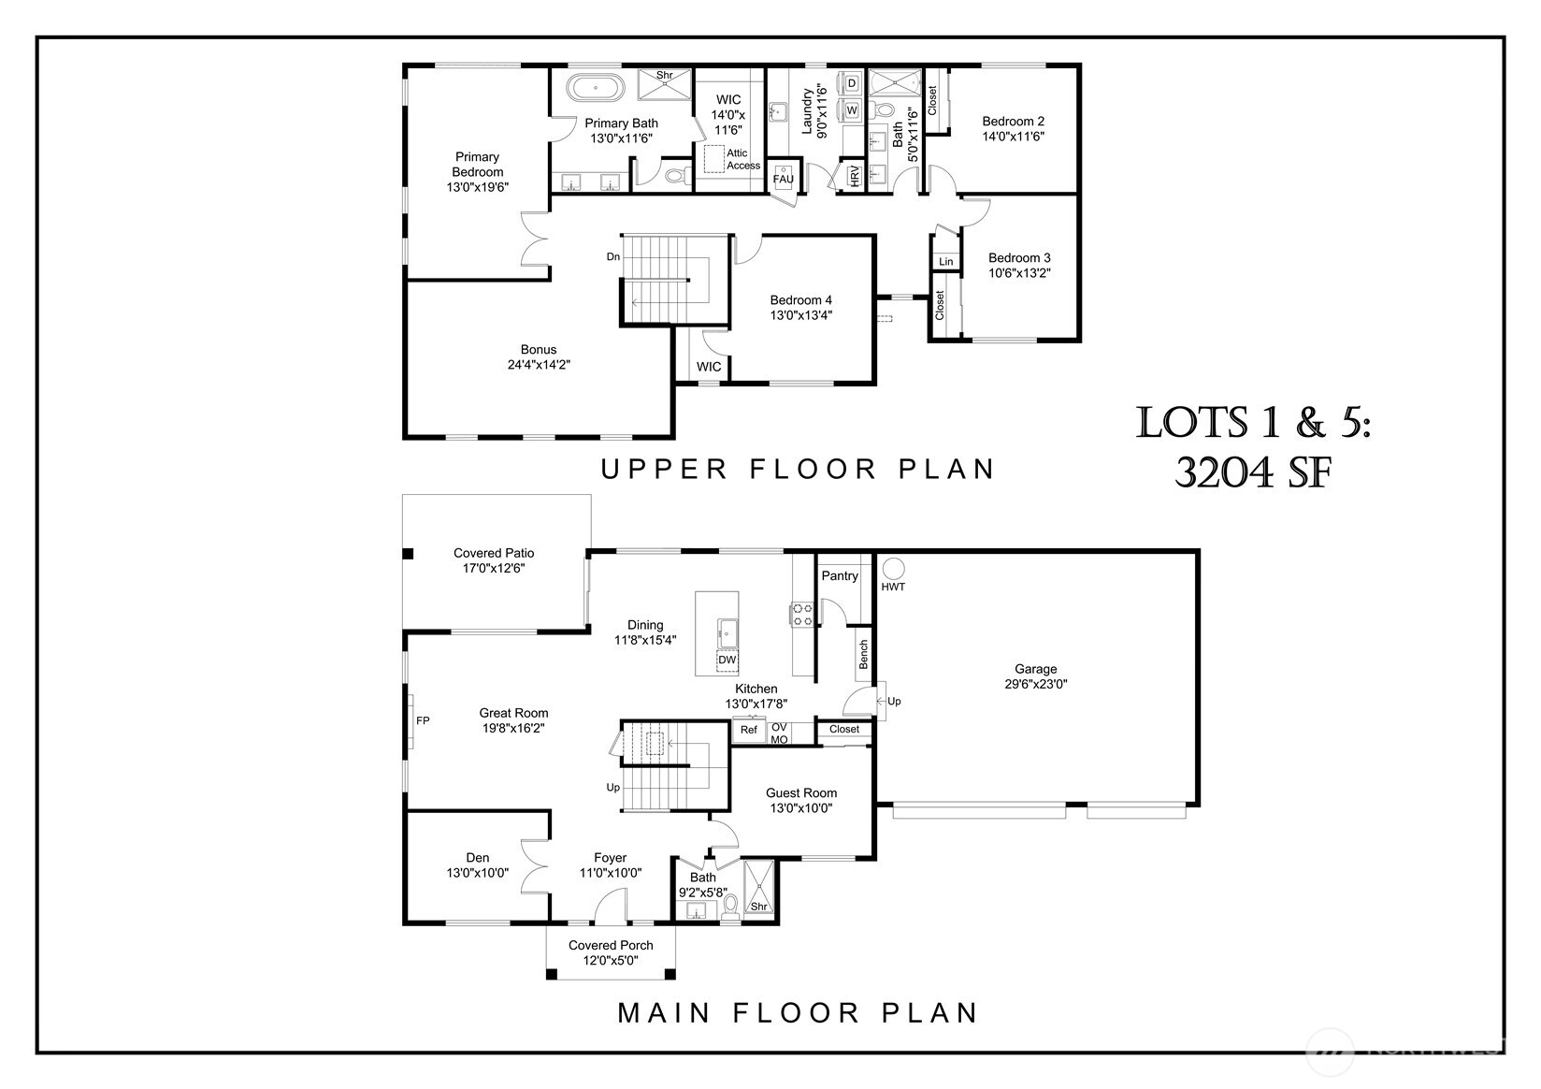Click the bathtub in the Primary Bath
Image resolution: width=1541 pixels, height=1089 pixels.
click(595, 89)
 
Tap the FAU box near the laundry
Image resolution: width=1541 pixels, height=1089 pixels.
click(783, 179)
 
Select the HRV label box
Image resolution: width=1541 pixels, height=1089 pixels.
click(854, 176)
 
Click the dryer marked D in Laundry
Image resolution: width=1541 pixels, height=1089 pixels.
click(851, 83)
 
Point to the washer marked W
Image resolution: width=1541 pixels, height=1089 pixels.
click(851, 110)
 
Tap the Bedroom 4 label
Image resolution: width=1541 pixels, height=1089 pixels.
click(800, 300)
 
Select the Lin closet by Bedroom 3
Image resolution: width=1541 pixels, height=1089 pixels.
click(946, 261)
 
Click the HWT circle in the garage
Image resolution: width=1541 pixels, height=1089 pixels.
click(893, 568)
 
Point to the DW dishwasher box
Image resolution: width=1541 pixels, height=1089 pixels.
click(727, 660)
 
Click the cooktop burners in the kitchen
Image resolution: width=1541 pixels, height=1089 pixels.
click(802, 614)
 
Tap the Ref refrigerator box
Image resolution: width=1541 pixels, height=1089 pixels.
click(749, 730)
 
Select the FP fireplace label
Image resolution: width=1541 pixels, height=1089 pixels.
click(423, 720)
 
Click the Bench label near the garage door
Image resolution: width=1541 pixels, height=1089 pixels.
click(863, 654)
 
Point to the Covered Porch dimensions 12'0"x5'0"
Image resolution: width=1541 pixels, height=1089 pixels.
click(611, 960)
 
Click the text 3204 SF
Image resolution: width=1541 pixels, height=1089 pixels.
click(1252, 474)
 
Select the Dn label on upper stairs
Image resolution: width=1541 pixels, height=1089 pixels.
click(612, 256)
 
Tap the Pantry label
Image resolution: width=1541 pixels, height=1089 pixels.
click(839, 576)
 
